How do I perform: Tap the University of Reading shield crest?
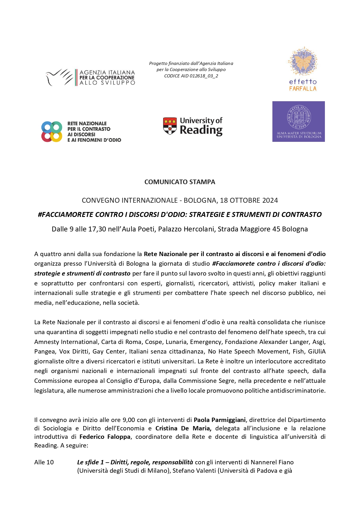tap(170, 126)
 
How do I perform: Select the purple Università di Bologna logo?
tap(299, 122)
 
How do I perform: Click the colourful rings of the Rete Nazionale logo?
tap(52, 132)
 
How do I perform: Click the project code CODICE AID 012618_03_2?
tap(191, 76)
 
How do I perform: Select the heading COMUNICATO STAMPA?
tap(180, 182)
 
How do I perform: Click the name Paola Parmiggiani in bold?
tap(220, 420)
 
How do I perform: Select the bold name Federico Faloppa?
tap(105, 437)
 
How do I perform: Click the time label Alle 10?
tap(44, 462)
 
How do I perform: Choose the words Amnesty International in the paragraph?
tap(66, 342)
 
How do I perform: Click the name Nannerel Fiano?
tap(272, 462)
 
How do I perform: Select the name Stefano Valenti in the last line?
tap(194, 471)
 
